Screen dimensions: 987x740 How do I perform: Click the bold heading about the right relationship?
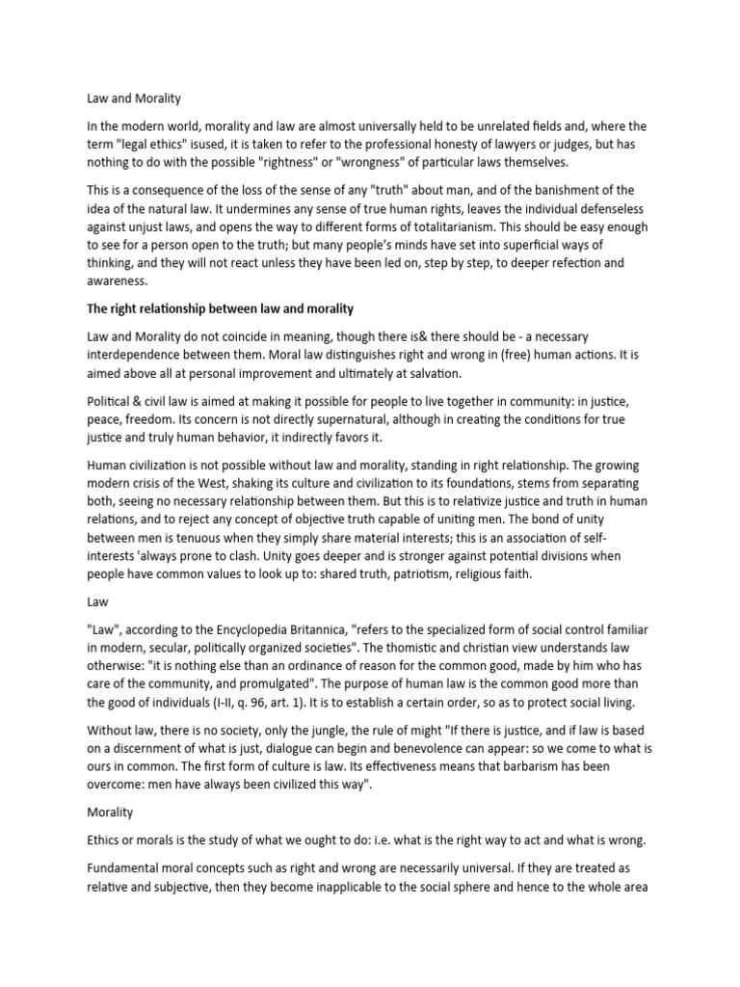pyautogui.click(x=220, y=308)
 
